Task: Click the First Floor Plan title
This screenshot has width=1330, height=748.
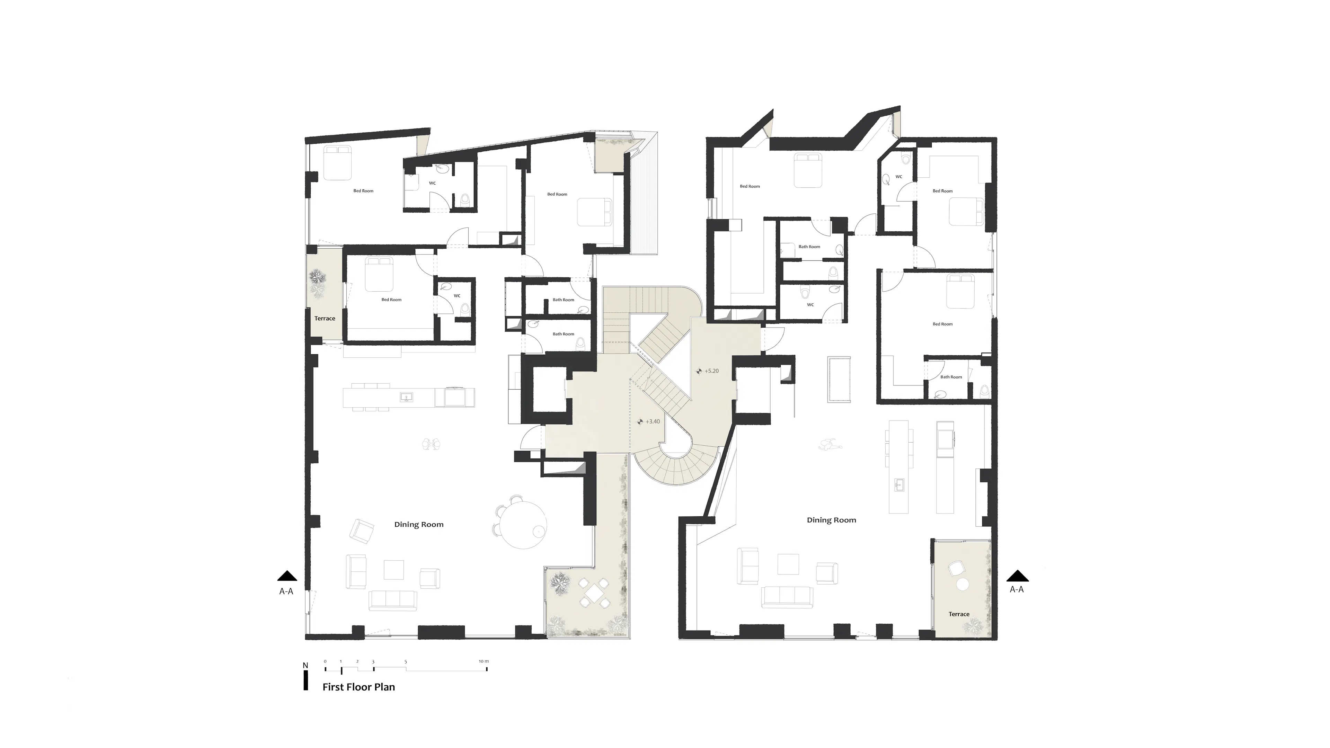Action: pyautogui.click(x=358, y=687)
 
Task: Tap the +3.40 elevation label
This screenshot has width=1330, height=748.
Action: pyautogui.click(x=653, y=421)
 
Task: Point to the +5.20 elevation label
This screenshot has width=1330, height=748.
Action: pyautogui.click(x=711, y=371)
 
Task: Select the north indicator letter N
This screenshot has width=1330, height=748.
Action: pyautogui.click(x=305, y=665)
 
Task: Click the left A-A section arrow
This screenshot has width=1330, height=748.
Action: pyautogui.click(x=287, y=576)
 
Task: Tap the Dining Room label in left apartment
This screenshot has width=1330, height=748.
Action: pyautogui.click(x=419, y=525)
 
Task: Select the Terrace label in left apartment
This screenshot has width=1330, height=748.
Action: pyautogui.click(x=325, y=319)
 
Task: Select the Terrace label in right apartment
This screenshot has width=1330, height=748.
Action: pyautogui.click(x=959, y=614)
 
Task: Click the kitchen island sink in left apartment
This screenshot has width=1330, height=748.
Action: pyautogui.click(x=406, y=397)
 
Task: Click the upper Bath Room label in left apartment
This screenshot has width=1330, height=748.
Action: pyautogui.click(x=563, y=300)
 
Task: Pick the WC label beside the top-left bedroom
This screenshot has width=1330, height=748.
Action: pyautogui.click(x=432, y=183)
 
